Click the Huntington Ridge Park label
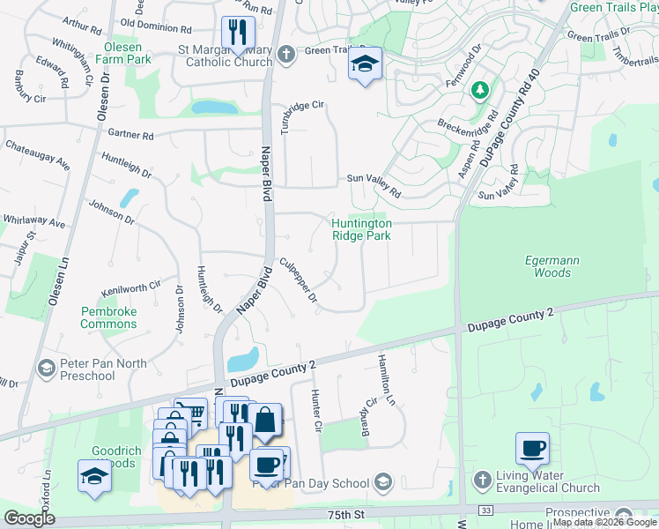pos(361,229)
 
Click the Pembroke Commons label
pos(108,317)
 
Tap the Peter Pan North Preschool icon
pos(47,366)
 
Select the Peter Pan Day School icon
pos(382,482)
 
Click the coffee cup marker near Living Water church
pos(532,448)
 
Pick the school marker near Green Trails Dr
pos(365,63)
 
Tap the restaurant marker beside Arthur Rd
pos(235,34)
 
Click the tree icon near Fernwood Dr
pos(479,89)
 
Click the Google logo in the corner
pos(29,518)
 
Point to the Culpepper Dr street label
pos(299,280)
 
